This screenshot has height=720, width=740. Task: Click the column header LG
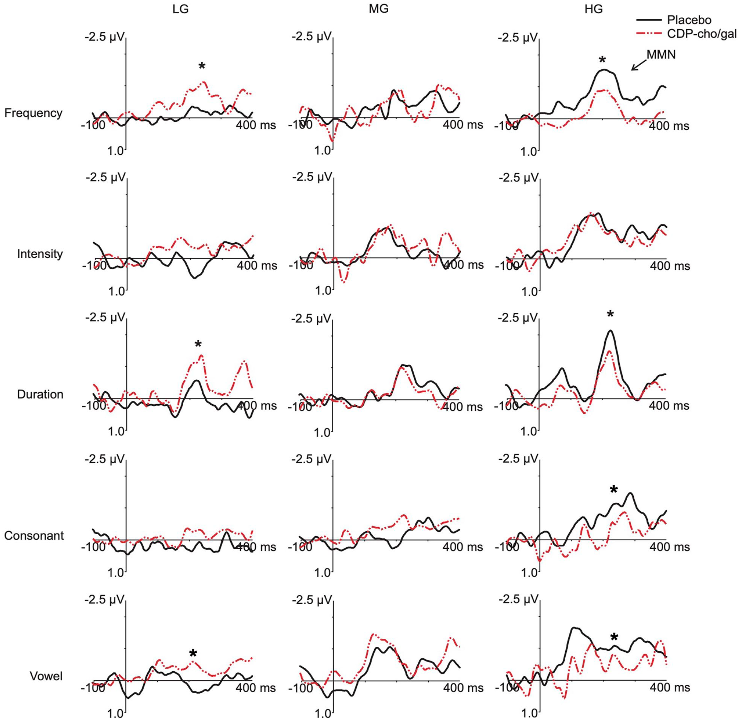tap(180, 10)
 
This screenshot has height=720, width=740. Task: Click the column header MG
tap(378, 10)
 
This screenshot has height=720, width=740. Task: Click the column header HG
tap(593, 10)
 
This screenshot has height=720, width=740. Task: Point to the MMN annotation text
tap(661, 54)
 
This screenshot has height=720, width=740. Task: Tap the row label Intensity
tap(40, 254)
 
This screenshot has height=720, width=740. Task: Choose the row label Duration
tap(40, 394)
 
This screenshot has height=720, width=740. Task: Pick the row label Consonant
tap(34, 536)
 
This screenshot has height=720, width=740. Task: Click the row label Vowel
tap(46, 676)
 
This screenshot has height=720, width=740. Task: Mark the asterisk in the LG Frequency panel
tap(202, 66)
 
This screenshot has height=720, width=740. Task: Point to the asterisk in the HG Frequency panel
tap(603, 60)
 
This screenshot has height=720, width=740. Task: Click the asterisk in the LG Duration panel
tap(198, 344)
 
